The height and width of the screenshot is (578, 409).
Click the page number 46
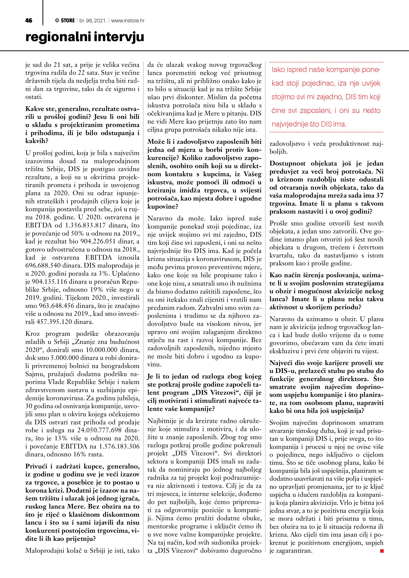pyautogui.click(x=29, y=21)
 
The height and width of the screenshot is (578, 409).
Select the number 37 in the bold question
pyautogui.click(x=380, y=196)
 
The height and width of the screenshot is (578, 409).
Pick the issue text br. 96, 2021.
pyautogui.click(x=92, y=21)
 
